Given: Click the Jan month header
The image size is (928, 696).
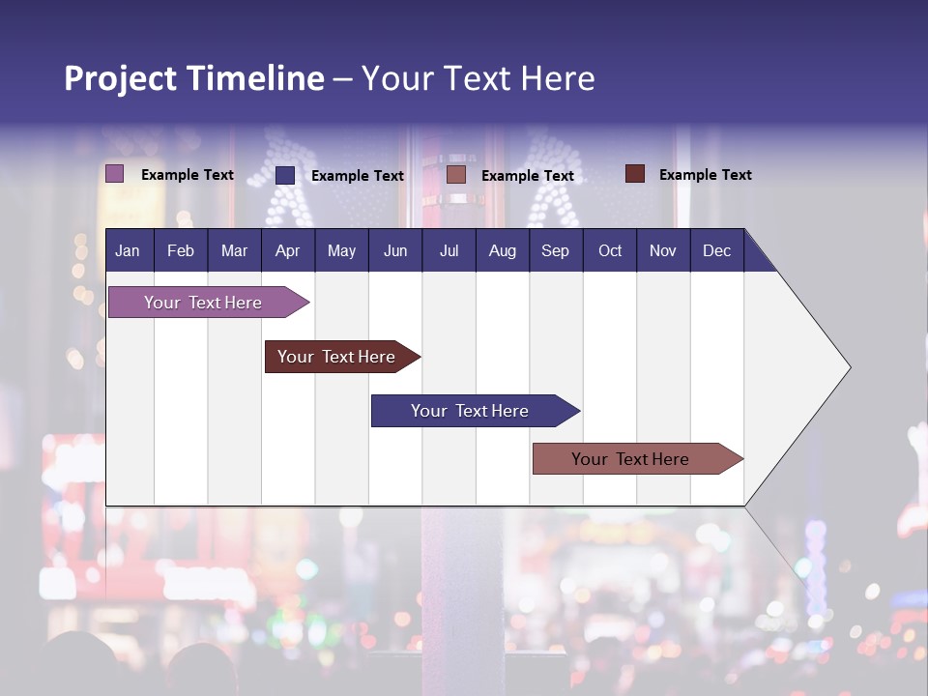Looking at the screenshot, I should tap(128, 250).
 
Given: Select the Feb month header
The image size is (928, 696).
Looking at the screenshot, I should tap(181, 250).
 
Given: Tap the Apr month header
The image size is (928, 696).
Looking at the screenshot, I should tap(287, 250).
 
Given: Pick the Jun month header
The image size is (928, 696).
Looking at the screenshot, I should tap(395, 250).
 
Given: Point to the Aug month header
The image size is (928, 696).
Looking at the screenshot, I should tap(502, 250).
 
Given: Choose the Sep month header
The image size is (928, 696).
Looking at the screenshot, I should tap(555, 250).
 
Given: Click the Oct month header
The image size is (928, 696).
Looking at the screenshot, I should tap(610, 250).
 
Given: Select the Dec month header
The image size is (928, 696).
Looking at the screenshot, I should tap(716, 250).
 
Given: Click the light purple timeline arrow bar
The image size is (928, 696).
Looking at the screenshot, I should tap(204, 303).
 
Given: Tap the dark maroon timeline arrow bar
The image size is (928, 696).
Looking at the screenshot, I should tap(337, 357).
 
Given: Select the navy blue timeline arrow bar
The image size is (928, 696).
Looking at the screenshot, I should tap(470, 411).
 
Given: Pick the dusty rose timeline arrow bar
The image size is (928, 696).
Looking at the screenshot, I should tap(630, 459).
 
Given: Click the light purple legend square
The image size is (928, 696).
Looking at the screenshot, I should tap(114, 174).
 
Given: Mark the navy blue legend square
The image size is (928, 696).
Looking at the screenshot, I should tap(285, 175).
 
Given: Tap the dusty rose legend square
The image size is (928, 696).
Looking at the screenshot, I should tap(456, 175).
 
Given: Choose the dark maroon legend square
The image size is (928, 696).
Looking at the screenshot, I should tap(634, 174).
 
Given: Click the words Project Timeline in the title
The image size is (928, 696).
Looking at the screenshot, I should tap(193, 78).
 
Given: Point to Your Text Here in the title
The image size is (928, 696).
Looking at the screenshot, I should tap(478, 78).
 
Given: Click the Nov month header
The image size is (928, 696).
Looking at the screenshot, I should tap(663, 250).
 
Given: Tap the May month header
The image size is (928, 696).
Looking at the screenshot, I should tap(341, 250).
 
